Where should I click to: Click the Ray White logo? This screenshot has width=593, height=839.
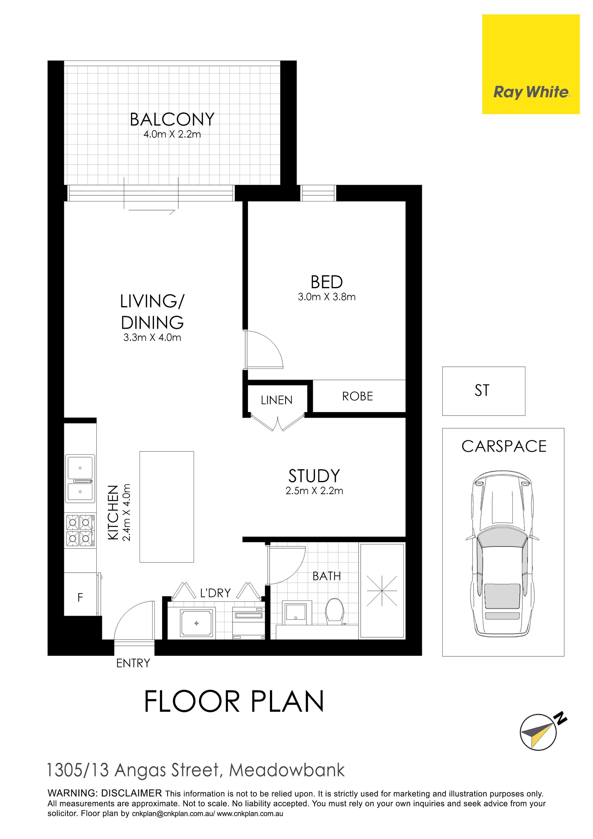tap(531, 64)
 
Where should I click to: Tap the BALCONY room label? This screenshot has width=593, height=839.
tap(172, 120)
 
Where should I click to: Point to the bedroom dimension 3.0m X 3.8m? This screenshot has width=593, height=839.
tap(327, 297)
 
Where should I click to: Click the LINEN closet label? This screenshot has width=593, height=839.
tap(277, 400)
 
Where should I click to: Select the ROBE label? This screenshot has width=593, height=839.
tap(357, 396)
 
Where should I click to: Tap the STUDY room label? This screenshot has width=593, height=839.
tap(314, 476)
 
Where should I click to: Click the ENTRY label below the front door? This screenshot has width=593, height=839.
tap(133, 663)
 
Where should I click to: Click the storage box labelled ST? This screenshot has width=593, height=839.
tap(484, 391)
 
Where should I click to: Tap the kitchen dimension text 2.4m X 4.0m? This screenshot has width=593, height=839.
tap(126, 512)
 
